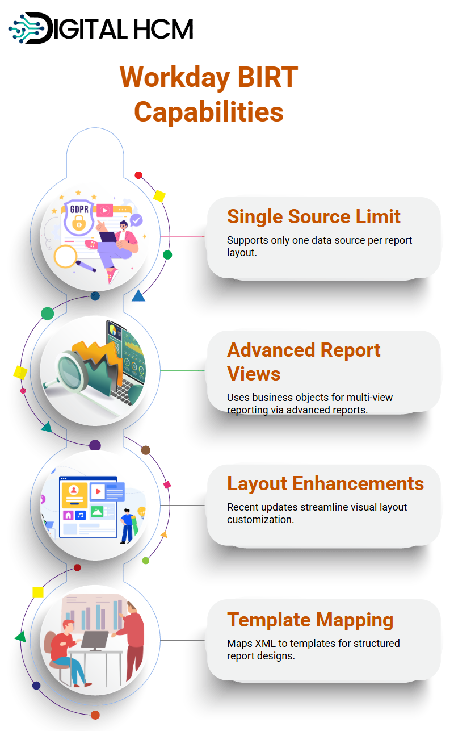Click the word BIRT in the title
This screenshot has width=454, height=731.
tap(267, 77)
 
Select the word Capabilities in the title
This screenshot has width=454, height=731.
tap(209, 112)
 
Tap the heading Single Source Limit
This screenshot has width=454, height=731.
tap(313, 216)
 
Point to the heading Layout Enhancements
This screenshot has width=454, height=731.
tap(326, 483)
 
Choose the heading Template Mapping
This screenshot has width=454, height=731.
tap(310, 620)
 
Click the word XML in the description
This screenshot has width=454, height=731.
tap(265, 643)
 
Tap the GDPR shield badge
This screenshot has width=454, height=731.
tap(79, 216)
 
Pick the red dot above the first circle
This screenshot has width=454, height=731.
tap(138, 176)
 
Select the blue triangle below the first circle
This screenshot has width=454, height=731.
tap(138, 295)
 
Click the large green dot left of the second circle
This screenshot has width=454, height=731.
tap(47, 314)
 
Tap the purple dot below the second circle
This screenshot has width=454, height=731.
tap(95, 445)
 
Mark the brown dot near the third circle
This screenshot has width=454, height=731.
tap(145, 450)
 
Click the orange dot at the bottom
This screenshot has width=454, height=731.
tap(95, 715)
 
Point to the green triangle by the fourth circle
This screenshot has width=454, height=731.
tap(21, 636)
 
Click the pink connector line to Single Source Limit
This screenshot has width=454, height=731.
tap(183, 236)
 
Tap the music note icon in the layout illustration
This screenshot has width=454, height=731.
tap(81, 515)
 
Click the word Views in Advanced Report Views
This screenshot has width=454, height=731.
tap(254, 374)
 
